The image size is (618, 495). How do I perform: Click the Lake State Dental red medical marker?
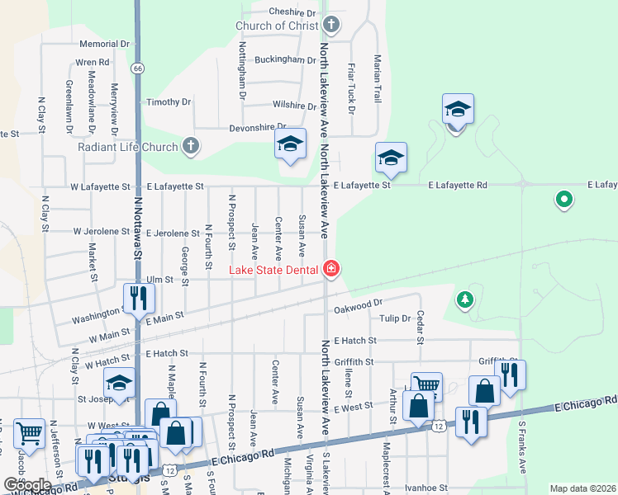point(331,268)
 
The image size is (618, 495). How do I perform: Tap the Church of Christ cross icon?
point(331,26)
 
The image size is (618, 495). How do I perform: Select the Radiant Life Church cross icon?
point(191,147)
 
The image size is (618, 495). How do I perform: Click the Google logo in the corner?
point(27,484)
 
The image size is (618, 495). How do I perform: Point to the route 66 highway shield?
point(137,68)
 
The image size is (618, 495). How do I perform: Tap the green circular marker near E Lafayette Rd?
point(564,199)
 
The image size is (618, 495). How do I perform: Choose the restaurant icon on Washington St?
point(138,297)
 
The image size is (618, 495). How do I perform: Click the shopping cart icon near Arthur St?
point(426,384)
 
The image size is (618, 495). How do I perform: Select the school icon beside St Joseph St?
point(119,384)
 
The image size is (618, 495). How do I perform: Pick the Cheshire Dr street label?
point(293,13)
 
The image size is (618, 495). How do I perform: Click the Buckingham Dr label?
point(285,60)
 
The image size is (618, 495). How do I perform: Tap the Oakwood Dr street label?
point(359,308)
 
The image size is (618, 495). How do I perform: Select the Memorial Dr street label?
point(105,44)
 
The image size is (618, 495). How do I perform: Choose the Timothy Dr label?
point(169,102)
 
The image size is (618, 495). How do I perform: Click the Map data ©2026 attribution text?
point(582,488)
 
